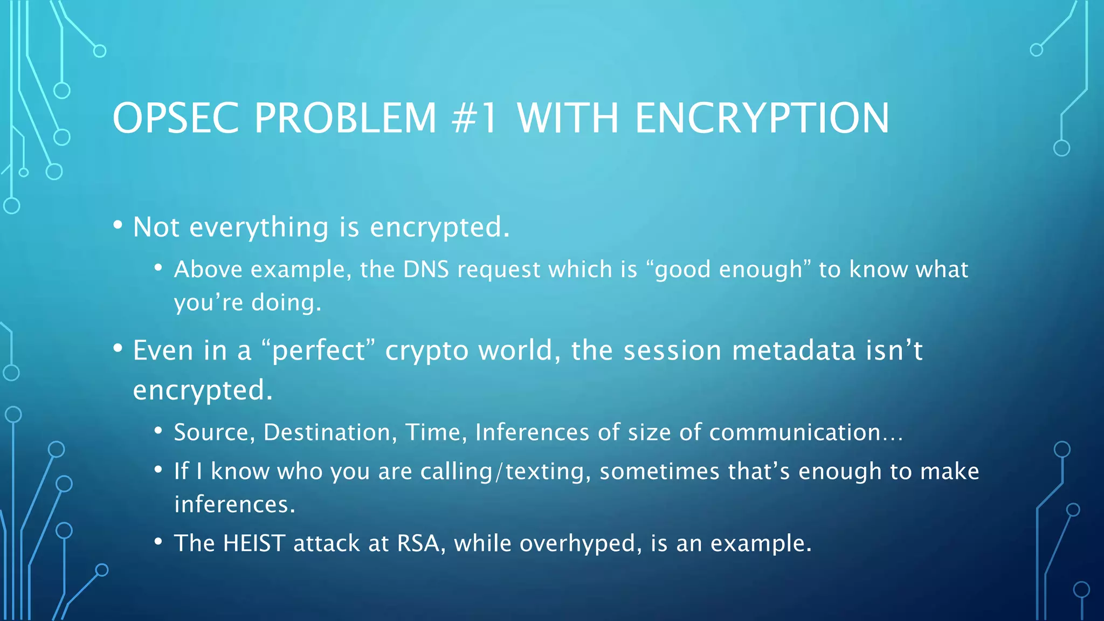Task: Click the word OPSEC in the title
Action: click(176, 118)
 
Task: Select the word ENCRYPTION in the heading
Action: click(762, 118)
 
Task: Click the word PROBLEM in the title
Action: click(345, 118)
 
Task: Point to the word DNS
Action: click(426, 269)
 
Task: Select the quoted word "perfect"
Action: click(318, 350)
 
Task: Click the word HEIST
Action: click(254, 543)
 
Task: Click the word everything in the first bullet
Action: click(259, 227)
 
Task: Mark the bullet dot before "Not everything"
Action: click(118, 225)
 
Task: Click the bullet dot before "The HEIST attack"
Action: click(158, 542)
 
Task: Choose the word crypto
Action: click(427, 351)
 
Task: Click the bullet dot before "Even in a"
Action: click(118, 349)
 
